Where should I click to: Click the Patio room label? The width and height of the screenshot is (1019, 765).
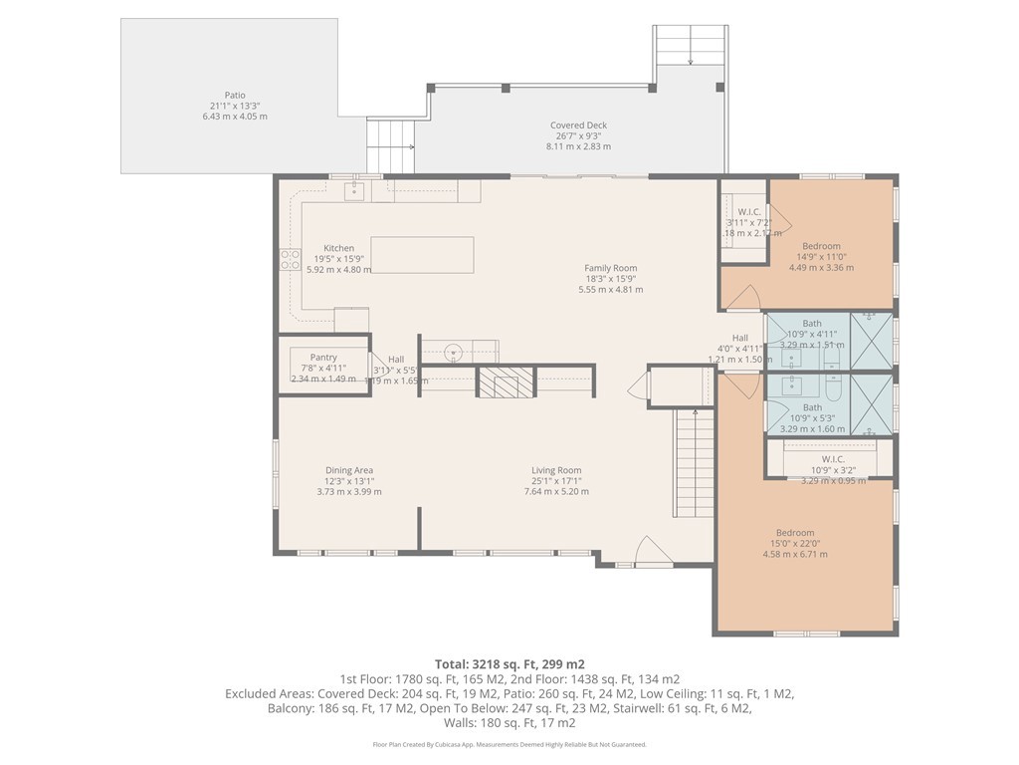point(235,106)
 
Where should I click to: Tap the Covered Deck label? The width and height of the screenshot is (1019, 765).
point(578,135)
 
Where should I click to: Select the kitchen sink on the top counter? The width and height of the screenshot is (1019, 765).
point(354,190)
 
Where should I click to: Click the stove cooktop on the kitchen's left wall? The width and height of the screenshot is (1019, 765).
point(291,260)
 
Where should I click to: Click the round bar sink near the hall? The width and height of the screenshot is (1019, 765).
point(453,351)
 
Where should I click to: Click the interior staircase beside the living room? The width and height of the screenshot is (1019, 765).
point(696,463)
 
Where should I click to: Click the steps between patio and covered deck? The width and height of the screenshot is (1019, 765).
point(391,145)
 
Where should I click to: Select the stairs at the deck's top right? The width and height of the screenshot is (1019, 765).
point(690,46)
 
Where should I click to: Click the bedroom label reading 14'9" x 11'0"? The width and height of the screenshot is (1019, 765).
point(821,267)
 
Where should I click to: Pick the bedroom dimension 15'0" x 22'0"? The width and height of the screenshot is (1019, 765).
point(795,543)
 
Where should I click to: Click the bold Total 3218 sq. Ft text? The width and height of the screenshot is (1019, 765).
point(509,663)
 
